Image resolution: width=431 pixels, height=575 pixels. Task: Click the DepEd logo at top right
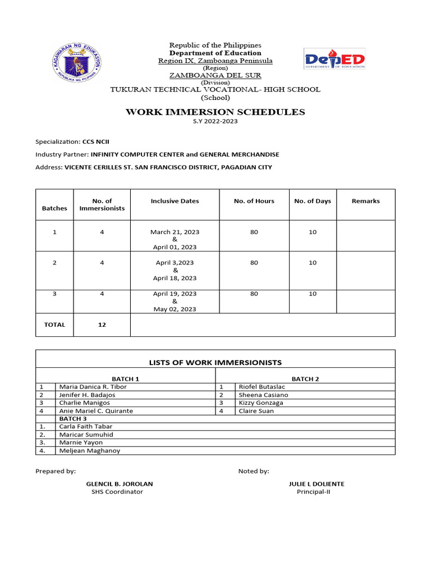(334, 59)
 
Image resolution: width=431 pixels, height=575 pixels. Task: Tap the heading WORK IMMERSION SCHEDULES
(215, 112)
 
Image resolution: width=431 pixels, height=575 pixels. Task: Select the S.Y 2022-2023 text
(215, 122)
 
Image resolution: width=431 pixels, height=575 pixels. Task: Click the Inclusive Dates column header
(175, 201)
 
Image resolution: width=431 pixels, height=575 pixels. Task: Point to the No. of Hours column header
(254, 201)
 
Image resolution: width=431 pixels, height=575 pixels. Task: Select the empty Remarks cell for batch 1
(365, 236)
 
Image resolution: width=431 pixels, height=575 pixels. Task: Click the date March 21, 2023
(175, 232)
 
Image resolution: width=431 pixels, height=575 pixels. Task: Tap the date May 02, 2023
(175, 309)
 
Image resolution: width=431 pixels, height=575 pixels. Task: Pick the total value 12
(102, 325)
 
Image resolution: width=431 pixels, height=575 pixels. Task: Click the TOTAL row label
(54, 325)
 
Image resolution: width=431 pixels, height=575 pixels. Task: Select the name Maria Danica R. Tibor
(93, 387)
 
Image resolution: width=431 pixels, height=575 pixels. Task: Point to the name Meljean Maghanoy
(89, 450)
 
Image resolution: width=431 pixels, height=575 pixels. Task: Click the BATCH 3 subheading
(72, 418)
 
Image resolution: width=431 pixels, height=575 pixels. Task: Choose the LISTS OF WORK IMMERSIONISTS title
(215, 362)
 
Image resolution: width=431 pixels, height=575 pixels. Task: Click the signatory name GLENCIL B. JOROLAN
(119, 483)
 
